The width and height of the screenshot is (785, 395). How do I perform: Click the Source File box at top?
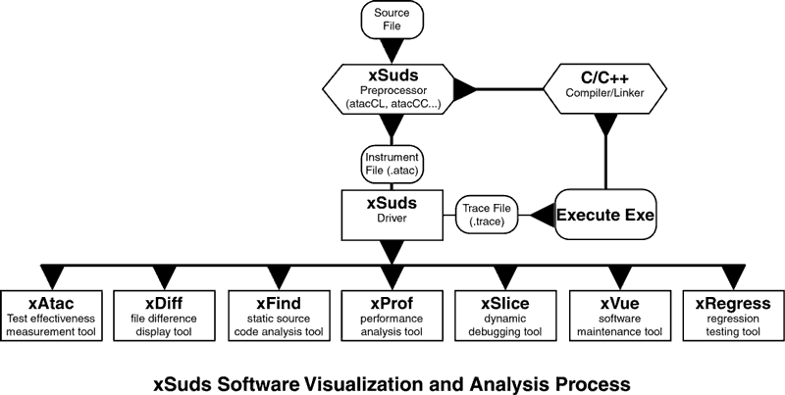(392, 20)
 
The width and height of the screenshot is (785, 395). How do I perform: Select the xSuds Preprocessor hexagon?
(392, 89)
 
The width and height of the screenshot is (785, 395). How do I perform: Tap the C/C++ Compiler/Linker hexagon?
(598, 89)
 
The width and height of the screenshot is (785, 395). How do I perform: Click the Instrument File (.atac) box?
(392, 162)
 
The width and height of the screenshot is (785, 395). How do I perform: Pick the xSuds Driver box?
(392, 212)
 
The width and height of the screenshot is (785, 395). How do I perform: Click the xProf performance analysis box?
(392, 316)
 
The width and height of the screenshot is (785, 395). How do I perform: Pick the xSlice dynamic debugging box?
(504, 316)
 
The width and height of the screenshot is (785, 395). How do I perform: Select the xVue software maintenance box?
(617, 316)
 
